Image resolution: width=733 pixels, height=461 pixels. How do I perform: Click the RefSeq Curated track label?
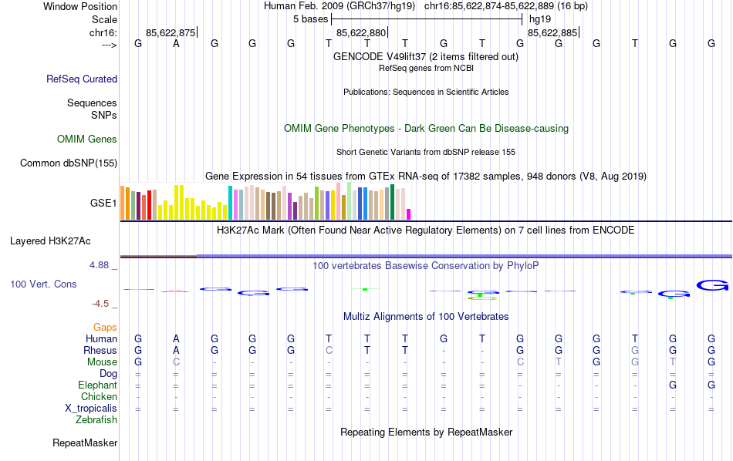coord(82,79)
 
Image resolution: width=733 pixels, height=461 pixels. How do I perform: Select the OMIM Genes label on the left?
coord(87,140)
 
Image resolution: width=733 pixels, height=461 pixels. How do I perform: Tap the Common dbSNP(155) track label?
coord(69,163)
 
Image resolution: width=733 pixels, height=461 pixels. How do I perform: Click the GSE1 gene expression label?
coord(103,203)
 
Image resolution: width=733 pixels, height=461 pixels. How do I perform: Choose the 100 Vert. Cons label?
coord(43,284)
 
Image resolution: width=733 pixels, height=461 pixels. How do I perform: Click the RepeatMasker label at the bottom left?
coord(85,443)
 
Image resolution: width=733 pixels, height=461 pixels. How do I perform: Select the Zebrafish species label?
coord(96,420)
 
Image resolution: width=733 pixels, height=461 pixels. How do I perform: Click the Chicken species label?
coord(99,397)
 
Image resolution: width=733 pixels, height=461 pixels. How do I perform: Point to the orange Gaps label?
coord(105,328)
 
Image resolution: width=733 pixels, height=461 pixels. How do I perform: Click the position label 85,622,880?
coord(360,32)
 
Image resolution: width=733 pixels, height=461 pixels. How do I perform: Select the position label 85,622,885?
coord(552,32)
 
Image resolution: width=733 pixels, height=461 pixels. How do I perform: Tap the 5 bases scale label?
coord(310,19)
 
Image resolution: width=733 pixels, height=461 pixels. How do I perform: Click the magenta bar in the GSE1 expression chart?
coord(409,214)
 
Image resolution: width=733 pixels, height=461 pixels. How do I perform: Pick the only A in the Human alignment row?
coord(176,338)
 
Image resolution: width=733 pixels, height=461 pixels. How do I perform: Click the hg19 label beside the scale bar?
coord(540,19)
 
